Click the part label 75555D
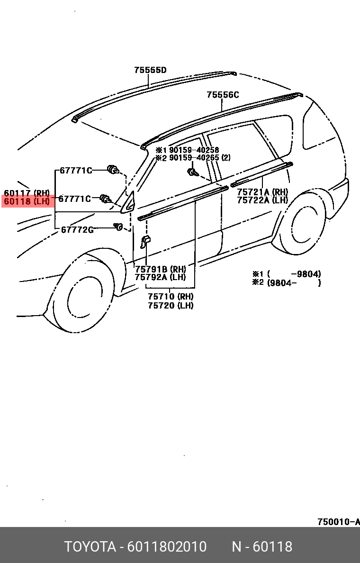point(150,70)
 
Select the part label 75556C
point(223,95)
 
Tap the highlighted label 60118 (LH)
point(27,201)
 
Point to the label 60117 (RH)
point(27,193)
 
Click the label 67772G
point(77,230)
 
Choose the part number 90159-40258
point(194,150)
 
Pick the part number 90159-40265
point(194,158)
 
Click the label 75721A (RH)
point(262,192)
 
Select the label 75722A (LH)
point(262,200)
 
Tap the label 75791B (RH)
point(160,269)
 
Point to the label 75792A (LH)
point(160,277)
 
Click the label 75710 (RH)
point(171,297)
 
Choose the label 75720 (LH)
point(171,306)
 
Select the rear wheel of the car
point(303,224)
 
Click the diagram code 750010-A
point(338,522)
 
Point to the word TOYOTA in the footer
point(90,547)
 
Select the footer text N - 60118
point(262,547)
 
